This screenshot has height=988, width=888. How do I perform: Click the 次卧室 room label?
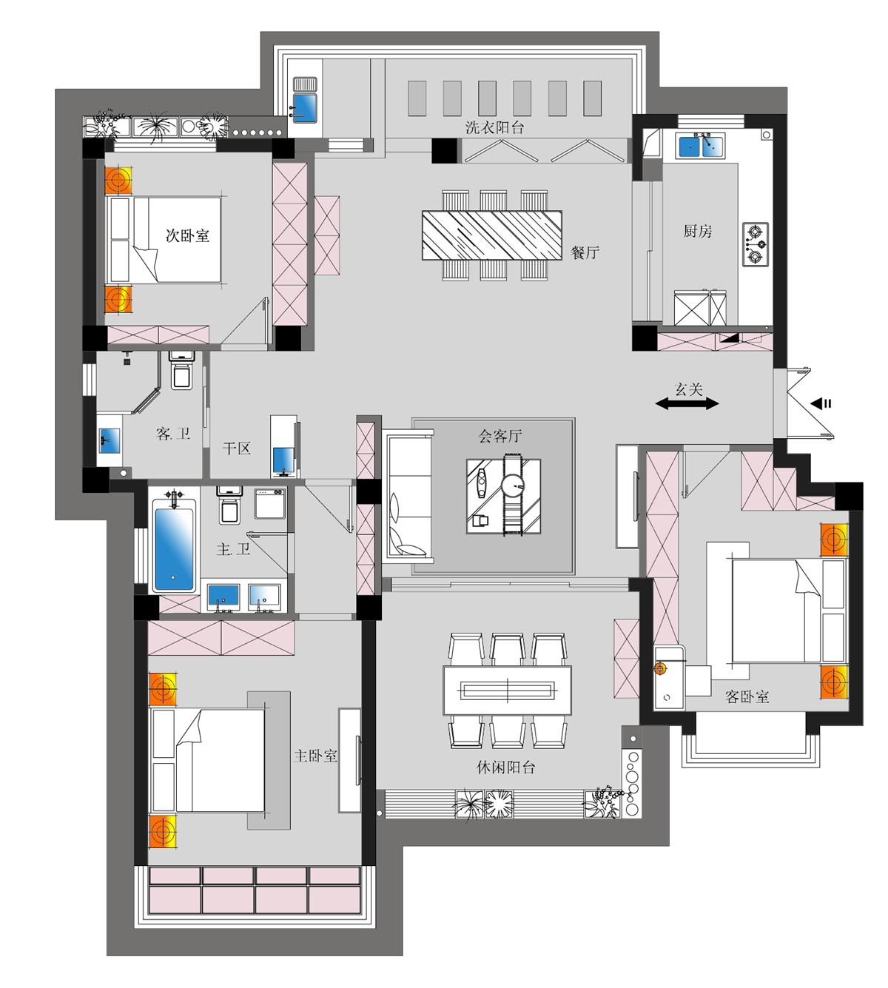187,235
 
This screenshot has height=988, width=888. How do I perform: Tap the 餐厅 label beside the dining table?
585,252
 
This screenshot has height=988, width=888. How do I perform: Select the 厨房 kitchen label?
697,230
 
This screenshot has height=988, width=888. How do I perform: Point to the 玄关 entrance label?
688,389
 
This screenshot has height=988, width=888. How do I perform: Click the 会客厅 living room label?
500,435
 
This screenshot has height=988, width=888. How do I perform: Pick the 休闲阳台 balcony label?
506,767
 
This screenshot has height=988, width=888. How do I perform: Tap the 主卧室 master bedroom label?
315,756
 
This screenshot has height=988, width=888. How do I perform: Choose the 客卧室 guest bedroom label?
747,696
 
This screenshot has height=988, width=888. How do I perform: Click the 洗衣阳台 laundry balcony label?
494,127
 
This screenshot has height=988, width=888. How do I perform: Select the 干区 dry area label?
236,448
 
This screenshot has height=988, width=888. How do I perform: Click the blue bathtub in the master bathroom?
174,548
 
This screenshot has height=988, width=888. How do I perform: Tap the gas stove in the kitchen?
756,245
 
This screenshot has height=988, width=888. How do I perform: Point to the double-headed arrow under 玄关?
687,404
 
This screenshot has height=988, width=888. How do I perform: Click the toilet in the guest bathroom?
182,370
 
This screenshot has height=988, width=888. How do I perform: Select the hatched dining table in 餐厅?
492,235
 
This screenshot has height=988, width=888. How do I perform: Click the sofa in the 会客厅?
408,495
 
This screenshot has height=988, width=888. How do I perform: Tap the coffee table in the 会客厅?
503,496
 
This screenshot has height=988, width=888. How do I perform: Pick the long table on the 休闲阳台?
508,690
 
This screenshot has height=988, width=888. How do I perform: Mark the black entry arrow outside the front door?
821,403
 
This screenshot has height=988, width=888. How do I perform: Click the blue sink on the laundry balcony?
305,108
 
